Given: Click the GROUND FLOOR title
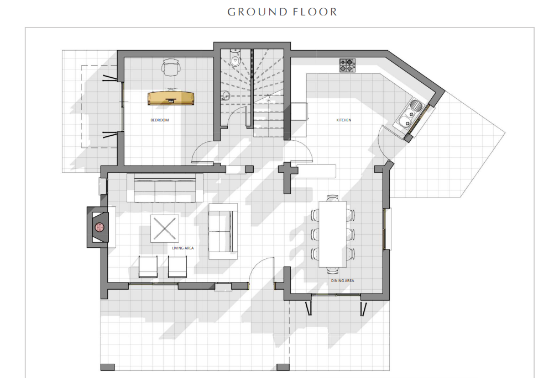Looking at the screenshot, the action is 282,12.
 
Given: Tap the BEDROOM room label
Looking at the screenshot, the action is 160,120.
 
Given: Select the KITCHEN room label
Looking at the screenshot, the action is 344,120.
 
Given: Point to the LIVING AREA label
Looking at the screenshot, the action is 183,248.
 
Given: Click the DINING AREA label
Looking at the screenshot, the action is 342,280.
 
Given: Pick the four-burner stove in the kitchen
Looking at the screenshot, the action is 347,65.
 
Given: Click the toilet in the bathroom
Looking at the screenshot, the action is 235,58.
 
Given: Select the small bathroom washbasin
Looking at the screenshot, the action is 225,95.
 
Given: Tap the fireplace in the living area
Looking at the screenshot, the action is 100,227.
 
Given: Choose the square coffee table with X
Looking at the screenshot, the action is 165,228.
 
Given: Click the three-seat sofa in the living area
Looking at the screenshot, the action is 165,188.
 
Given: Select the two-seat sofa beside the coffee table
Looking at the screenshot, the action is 223,231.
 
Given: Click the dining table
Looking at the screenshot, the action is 332,234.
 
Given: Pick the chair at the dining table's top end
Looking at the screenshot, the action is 333,198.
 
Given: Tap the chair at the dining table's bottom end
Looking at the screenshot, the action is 333,270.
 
